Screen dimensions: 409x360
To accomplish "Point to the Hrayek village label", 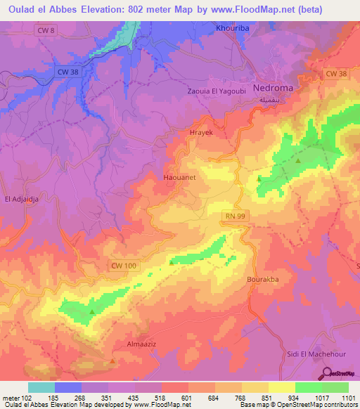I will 201,132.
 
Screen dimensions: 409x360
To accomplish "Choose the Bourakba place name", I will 264,279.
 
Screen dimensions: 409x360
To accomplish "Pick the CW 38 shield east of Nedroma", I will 336,74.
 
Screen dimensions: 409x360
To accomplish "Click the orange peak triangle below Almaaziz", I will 113,361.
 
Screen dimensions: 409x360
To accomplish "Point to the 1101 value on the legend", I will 349,397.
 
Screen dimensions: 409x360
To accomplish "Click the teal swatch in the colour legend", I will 41,387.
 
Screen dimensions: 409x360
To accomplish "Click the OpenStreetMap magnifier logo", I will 326,374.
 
